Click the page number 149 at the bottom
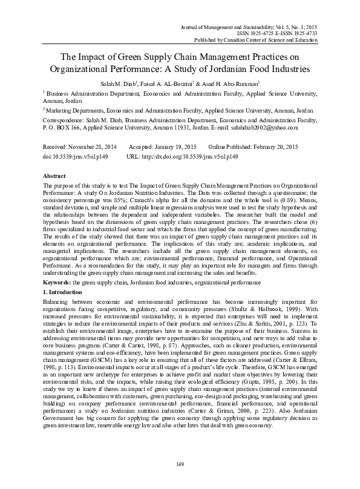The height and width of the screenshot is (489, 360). pyautogui.click(x=180, y=464)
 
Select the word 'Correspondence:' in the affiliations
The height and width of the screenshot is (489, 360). pyautogui.click(x=64, y=121)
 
